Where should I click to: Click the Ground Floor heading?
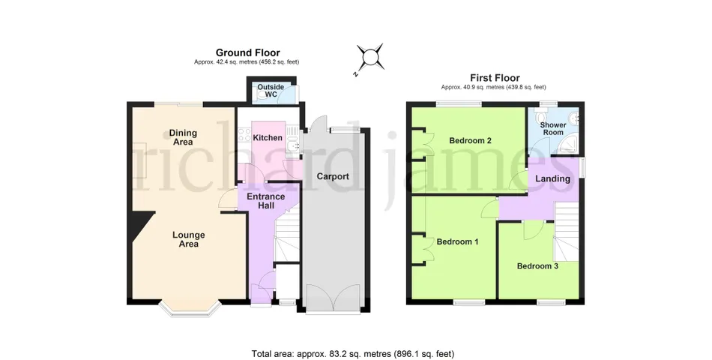click(247, 52)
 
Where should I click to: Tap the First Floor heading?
click(495, 78)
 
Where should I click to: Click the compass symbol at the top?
click(370, 58)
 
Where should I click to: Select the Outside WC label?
click(271, 91)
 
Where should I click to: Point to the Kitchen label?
click(268, 138)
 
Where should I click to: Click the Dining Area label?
click(183, 137)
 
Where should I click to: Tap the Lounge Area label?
click(188, 239)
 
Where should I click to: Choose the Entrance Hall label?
click(265, 201)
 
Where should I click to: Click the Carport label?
click(333, 176)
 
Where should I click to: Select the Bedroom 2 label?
click(470, 140)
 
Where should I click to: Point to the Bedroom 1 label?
click(457, 241)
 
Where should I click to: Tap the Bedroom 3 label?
click(537, 266)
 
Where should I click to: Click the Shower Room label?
click(553, 129)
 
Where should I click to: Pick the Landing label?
click(552, 178)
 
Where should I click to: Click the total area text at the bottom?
click(353, 354)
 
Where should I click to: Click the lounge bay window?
click(190, 310)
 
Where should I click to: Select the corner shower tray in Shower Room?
click(570, 145)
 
